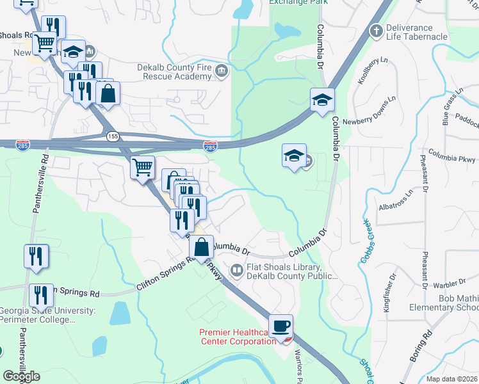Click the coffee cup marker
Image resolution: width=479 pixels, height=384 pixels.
click(280, 326)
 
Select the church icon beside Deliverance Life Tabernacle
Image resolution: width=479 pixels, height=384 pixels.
click(376, 30)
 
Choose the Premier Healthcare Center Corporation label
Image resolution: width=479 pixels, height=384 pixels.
click(236, 337)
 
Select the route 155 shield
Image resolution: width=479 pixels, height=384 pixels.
click(113, 136)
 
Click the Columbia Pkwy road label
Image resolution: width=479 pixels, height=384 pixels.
click(453, 157)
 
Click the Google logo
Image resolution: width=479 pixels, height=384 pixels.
click(21, 376)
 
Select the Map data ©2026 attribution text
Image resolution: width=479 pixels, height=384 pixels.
click(452, 379)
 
